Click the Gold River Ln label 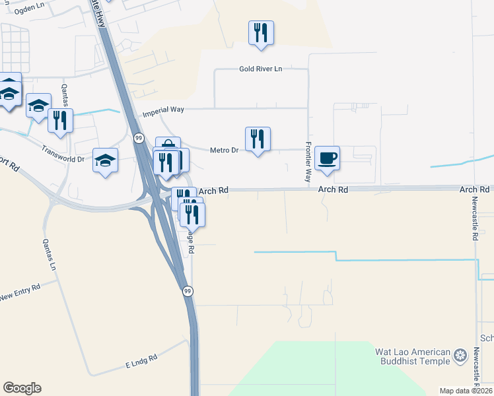pyautogui.click(x=261, y=69)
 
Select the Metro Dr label pyautogui.click(x=224, y=150)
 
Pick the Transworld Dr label pyautogui.click(x=63, y=153)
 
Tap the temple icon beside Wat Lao pyautogui.click(x=461, y=357)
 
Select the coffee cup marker pyautogui.click(x=327, y=158)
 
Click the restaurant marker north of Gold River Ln pyautogui.click(x=261, y=33)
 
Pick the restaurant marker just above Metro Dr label pyautogui.click(x=258, y=139)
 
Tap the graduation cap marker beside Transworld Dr pyautogui.click(x=106, y=160)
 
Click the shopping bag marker pyautogui.click(x=168, y=147)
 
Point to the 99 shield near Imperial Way pyautogui.click(x=139, y=137)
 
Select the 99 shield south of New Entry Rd pyautogui.click(x=188, y=291)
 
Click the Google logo pyautogui.click(x=22, y=388)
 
